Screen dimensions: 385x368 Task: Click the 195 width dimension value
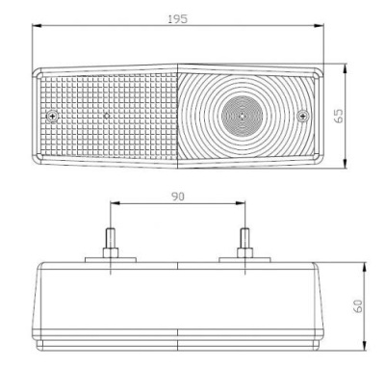pyautogui.click(x=178, y=19)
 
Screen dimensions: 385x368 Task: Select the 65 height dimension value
pyautogui.click(x=339, y=116)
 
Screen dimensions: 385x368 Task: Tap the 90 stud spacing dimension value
pyautogui.click(x=178, y=197)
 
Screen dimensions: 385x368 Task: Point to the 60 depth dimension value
pyautogui.click(x=358, y=305)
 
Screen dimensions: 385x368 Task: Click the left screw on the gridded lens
pyautogui.click(x=52, y=117)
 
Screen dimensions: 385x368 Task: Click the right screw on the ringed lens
pyautogui.click(x=303, y=116)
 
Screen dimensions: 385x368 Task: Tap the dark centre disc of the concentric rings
pyautogui.click(x=243, y=115)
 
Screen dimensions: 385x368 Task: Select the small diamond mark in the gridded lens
pyautogui.click(x=107, y=115)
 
